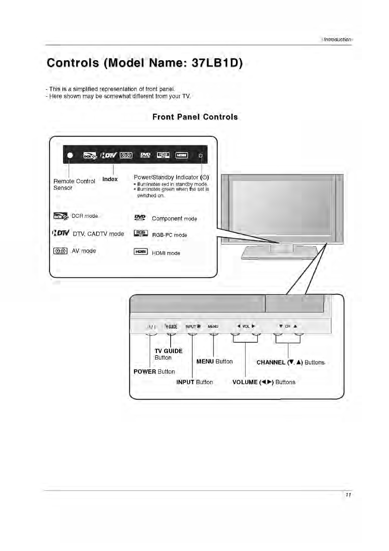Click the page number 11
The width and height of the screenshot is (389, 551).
pos(348,495)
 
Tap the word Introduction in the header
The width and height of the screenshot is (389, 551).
pos(337,40)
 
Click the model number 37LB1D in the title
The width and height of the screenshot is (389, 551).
pos(215,63)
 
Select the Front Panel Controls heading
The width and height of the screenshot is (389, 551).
pos(195,117)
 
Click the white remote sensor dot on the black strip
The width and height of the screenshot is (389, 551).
pos(70,155)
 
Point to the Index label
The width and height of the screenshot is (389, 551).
pos(110,179)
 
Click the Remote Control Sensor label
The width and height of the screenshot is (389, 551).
pos(74,184)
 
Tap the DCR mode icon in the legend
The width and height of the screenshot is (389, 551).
pos(60,216)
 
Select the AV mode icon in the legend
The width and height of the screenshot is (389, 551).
pos(60,251)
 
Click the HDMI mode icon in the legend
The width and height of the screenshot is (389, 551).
pos(141,252)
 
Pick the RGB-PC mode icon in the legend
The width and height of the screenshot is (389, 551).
pos(141,234)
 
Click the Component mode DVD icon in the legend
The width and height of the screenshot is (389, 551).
pos(140,218)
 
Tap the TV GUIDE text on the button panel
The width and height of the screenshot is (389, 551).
pos(171,327)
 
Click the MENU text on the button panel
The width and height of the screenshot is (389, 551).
pos(213,327)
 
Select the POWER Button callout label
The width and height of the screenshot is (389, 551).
pos(154,372)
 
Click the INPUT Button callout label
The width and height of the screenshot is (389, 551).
pos(194,382)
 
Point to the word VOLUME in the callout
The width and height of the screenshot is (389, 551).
pos(245,382)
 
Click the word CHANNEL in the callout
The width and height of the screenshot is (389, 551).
pos(271,363)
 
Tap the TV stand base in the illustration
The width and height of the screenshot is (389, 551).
pos(279,254)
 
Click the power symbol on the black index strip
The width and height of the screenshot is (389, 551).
pos(201,155)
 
